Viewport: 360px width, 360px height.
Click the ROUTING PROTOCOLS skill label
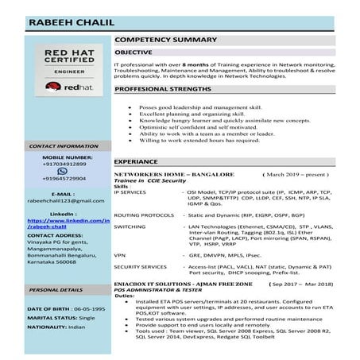pos(144,215)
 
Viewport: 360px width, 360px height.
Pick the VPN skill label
pos(120,255)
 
